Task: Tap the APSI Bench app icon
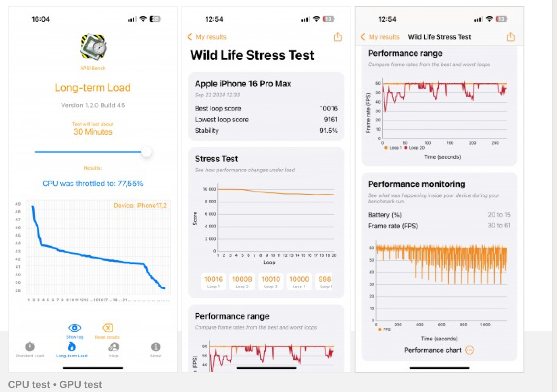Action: [93, 47]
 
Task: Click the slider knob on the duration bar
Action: [146, 152]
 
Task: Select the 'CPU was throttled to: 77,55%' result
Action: [93, 183]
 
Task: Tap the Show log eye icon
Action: [75, 328]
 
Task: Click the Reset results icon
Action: [107, 328]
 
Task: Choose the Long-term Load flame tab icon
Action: [72, 347]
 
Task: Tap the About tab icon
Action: [156, 347]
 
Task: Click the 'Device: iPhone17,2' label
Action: [140, 206]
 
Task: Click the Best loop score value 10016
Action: [329, 108]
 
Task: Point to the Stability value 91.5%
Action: [329, 131]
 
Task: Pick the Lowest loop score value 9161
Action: [330, 120]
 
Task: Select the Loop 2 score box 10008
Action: [242, 281]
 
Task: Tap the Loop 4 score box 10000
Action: [299, 281]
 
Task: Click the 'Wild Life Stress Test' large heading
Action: [252, 55]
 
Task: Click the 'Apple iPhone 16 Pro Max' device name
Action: [243, 84]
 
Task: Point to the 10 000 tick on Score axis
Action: [210, 189]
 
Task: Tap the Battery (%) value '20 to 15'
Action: [499, 215]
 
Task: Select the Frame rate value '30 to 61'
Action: [499, 225]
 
